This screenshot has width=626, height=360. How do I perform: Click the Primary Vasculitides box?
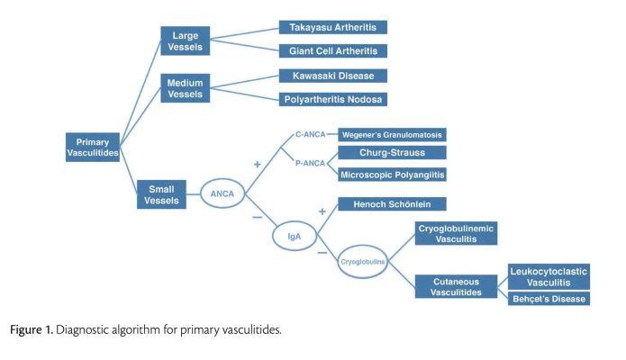click(x=93, y=148)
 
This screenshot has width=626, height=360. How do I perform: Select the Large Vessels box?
click(x=186, y=41)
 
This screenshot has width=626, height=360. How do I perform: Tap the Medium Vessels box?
click(x=186, y=88)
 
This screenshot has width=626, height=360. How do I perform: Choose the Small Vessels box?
click(x=162, y=194)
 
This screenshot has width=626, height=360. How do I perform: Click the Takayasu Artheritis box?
click(x=333, y=27)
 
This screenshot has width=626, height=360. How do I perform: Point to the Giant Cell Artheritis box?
click(x=333, y=51)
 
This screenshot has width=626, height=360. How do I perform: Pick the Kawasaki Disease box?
click(x=333, y=76)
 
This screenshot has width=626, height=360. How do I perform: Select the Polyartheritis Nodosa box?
click(x=333, y=99)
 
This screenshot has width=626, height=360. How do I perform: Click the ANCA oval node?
click(x=222, y=193)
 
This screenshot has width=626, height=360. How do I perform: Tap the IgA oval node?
click(x=295, y=237)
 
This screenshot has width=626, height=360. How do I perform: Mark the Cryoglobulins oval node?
click(x=362, y=262)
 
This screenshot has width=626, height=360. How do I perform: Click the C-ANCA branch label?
click(x=310, y=134)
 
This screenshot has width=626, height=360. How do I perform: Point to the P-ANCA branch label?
click(x=310, y=163)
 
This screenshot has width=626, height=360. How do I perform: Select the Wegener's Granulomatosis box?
click(x=392, y=135)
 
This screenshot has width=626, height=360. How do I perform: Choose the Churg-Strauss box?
click(x=392, y=152)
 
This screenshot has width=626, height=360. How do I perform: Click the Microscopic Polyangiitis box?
click(x=392, y=175)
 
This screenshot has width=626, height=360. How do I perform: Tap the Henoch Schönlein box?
click(x=392, y=204)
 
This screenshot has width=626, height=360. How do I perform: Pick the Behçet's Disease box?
click(x=549, y=299)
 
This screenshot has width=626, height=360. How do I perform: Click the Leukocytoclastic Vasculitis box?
click(x=549, y=277)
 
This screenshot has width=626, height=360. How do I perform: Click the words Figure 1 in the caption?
click(x=32, y=330)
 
